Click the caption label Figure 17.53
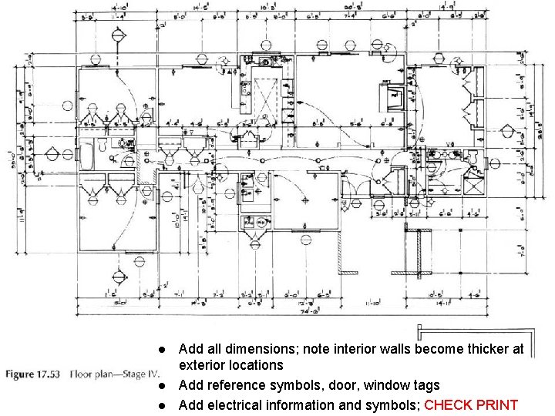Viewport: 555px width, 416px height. [x=35, y=375]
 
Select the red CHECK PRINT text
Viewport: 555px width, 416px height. [x=470, y=405]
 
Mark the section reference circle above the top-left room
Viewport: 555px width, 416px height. [x=118, y=35]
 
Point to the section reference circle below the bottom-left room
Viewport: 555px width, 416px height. [x=118, y=276]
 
